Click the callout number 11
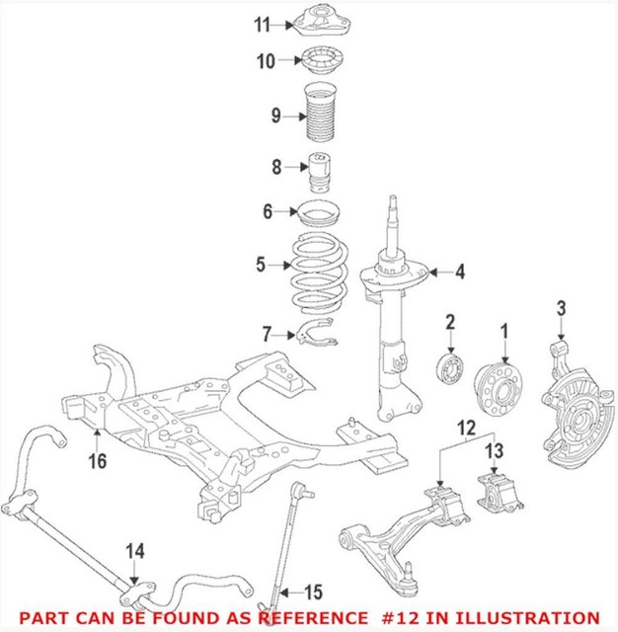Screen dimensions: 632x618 point(261,24)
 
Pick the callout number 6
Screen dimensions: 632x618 point(268,210)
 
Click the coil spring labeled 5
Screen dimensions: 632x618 point(315,267)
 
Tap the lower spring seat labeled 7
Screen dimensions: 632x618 point(318,336)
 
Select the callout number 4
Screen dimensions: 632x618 point(459,271)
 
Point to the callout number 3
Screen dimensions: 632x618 point(562,311)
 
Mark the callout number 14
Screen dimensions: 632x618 point(134,551)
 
